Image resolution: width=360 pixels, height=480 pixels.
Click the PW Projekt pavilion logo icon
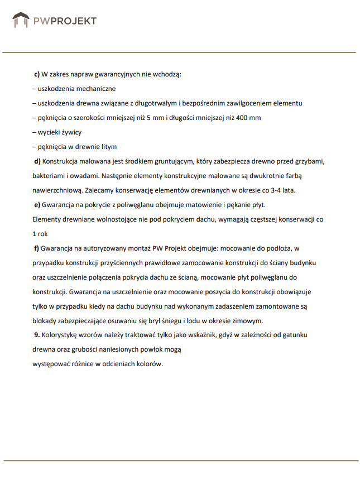21,21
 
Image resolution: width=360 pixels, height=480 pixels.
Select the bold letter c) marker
37,74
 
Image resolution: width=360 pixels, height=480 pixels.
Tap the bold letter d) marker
37,161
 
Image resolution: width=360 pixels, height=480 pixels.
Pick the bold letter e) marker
37,205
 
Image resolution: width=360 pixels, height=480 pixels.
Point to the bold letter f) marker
37,248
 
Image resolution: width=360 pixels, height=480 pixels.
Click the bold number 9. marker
37,335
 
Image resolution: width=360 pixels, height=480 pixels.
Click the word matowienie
201,205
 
